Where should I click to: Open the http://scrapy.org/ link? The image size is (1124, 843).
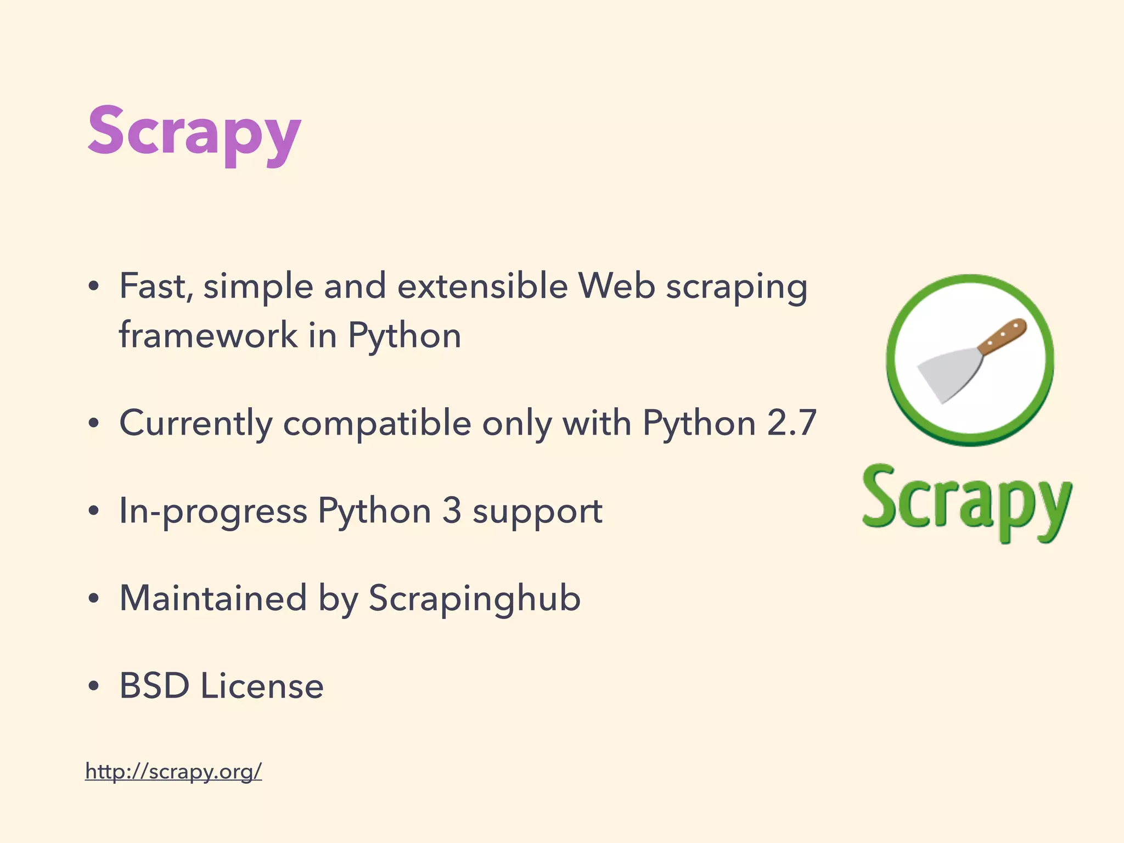tap(173, 771)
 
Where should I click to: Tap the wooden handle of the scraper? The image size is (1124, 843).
tap(1002, 336)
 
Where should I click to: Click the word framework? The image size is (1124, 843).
tap(208, 335)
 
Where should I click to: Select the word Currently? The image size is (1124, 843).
tap(195, 423)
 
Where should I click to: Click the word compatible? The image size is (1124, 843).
tap(377, 423)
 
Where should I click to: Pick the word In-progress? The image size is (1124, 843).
tap(213, 512)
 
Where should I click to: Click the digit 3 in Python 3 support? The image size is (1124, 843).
tap(452, 510)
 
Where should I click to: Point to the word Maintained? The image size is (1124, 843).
tap(213, 598)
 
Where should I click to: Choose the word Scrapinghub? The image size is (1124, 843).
tap(474, 599)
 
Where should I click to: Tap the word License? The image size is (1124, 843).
tap(262, 685)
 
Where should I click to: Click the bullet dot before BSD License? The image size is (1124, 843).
tap(94, 686)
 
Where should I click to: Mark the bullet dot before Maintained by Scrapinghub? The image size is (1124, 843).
tap(94, 599)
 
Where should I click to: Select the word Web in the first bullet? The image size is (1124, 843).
tap(616, 286)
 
